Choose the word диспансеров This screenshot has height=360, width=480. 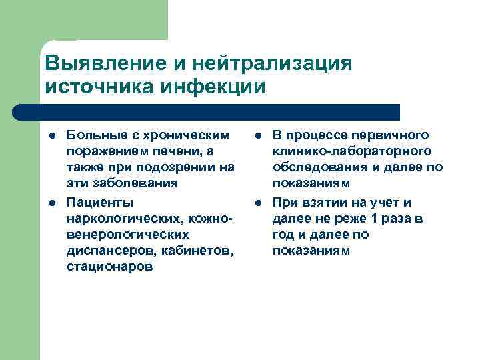pyautogui.click(x=104, y=251)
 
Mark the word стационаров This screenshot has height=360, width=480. pyautogui.click(x=109, y=267)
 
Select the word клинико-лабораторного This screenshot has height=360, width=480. pyautogui.click(x=351, y=151)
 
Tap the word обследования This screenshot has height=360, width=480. pyautogui.click(x=316, y=167)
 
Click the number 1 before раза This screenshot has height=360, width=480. pyautogui.click(x=379, y=218)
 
